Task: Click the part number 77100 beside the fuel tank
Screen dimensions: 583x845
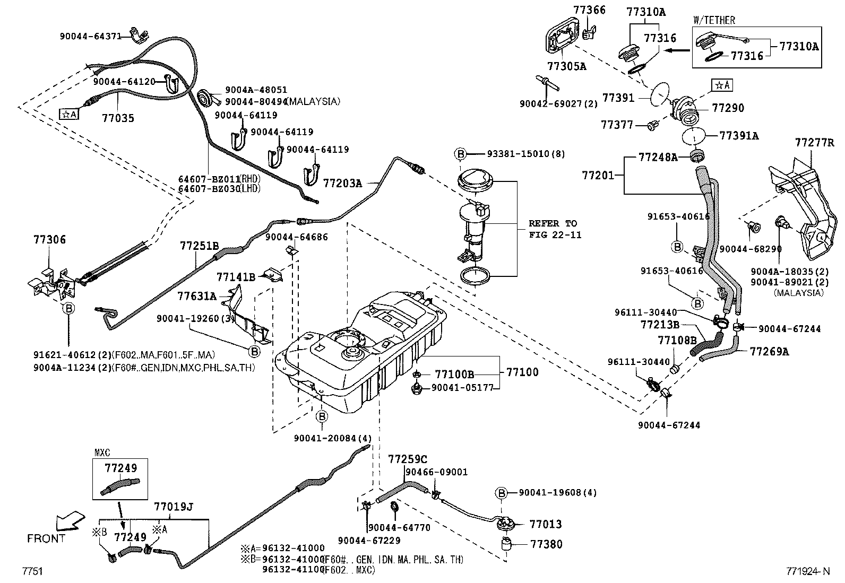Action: pos(522,372)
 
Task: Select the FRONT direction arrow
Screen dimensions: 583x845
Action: pos(71,521)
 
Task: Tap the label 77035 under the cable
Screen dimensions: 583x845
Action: pos(118,118)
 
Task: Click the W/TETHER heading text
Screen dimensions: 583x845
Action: pos(714,21)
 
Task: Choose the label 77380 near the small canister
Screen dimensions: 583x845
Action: pos(546,544)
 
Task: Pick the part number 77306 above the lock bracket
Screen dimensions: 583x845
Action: pos(48,239)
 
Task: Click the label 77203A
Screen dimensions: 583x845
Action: pos(342,184)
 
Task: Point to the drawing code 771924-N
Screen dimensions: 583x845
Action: pos(807,571)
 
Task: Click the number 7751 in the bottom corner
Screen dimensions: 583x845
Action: pos(32,571)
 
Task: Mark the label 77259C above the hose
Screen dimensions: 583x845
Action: pos(407,458)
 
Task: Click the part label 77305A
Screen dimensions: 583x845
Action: pos(566,66)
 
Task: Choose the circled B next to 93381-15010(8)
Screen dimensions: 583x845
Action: pos(461,154)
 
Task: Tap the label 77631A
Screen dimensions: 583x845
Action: pos(196,296)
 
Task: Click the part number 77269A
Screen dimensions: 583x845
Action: pos(769,351)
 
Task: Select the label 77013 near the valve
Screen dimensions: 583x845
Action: pos(546,524)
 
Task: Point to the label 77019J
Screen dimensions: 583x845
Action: pos(173,507)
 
